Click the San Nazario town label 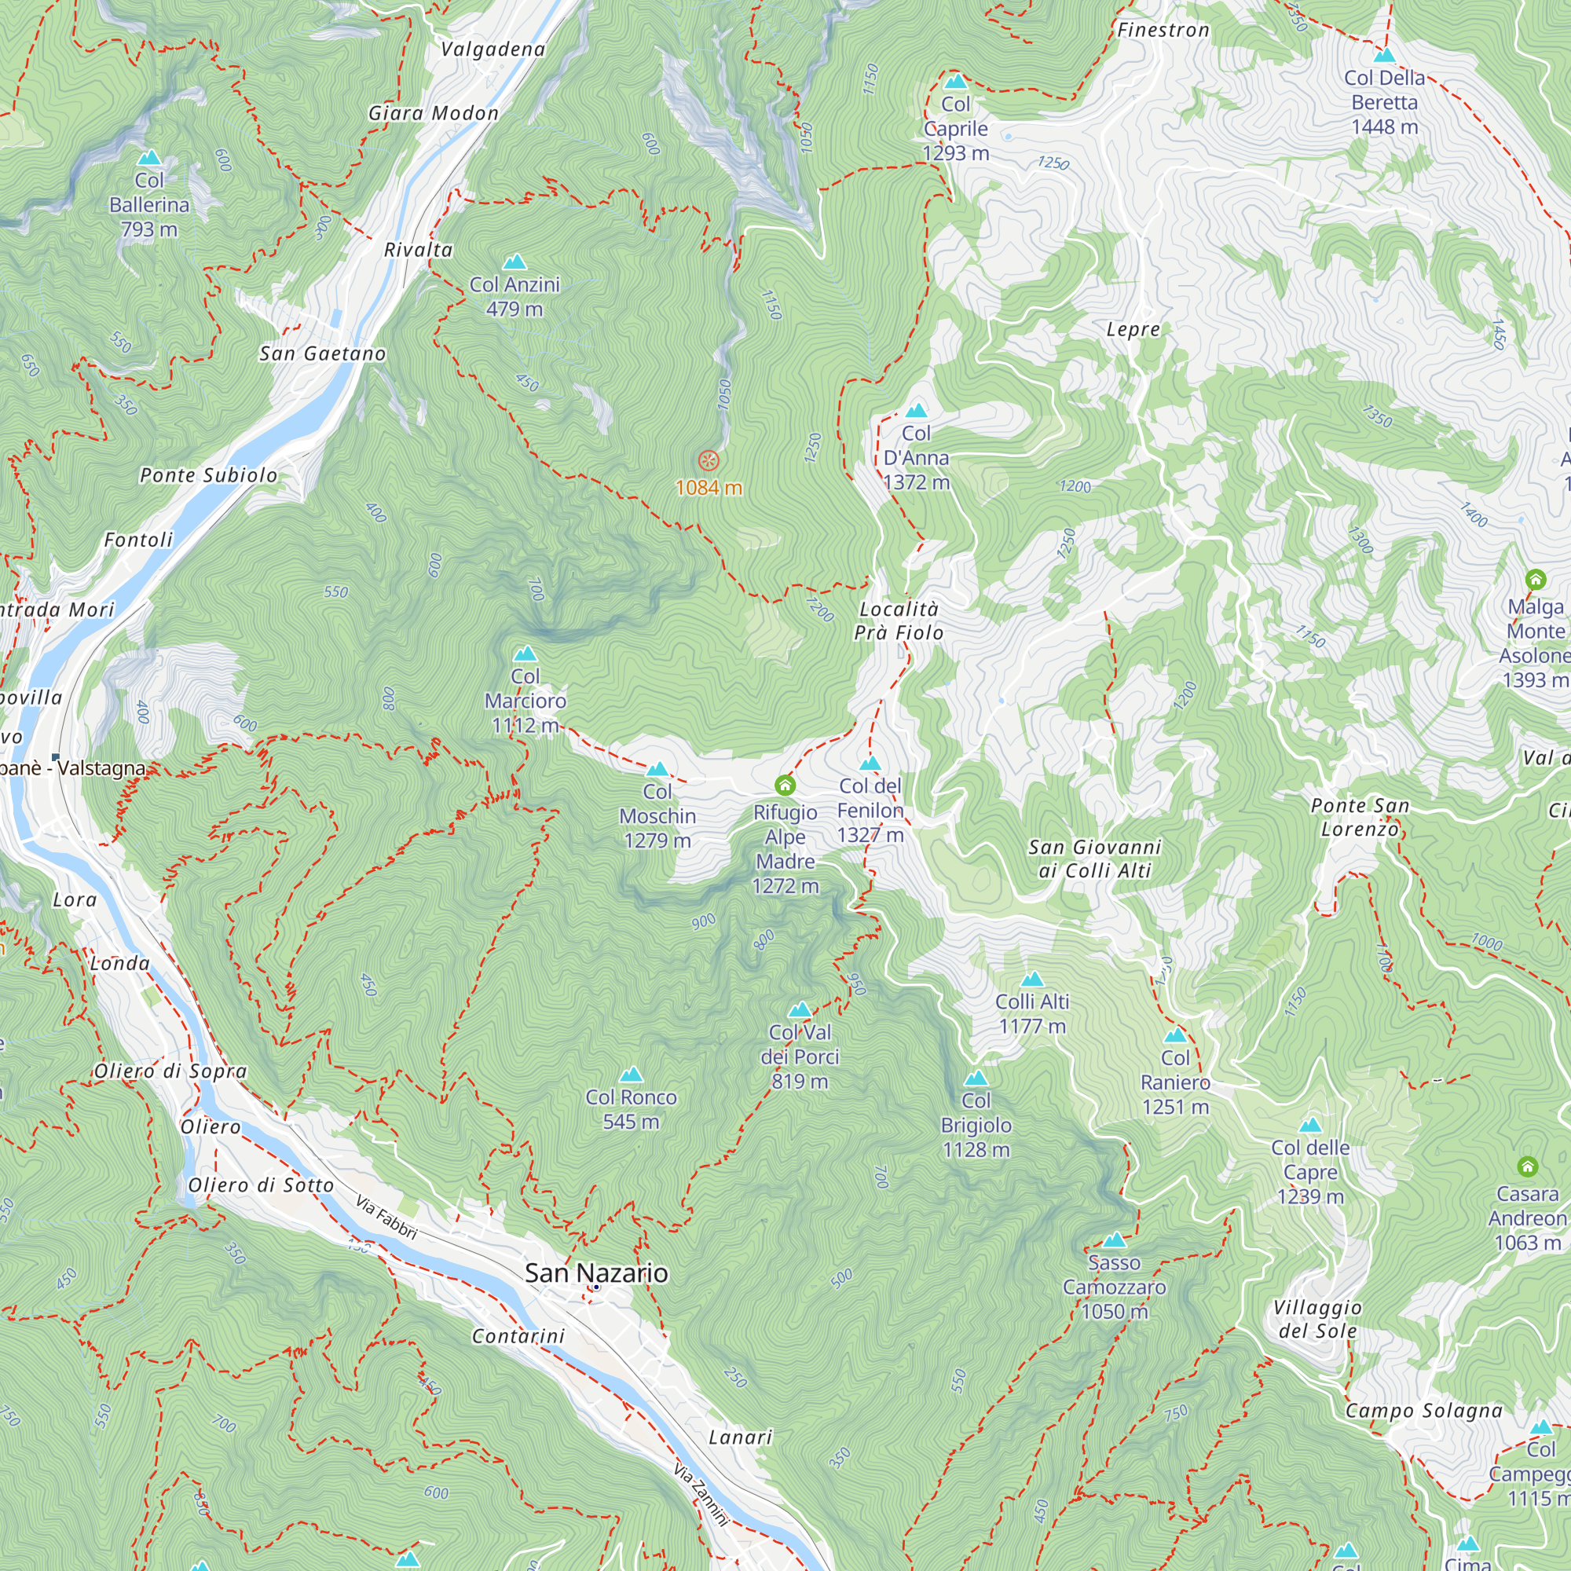coord(596,1273)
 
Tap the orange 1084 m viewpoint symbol coord(709,461)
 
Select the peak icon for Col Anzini coord(515,262)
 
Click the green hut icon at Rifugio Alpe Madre coord(785,785)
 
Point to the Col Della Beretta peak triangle coord(1385,55)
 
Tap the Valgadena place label coord(493,49)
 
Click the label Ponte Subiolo coord(209,476)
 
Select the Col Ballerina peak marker coord(149,158)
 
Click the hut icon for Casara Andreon coord(1528,1167)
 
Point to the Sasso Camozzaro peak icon coord(1114,1240)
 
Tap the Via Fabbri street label coord(387,1218)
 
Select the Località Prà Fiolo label coord(899,621)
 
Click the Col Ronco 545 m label coord(631,1109)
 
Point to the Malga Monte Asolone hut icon coord(1535,579)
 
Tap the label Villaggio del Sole coord(1317,1319)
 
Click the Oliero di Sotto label coord(261,1185)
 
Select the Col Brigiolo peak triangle coord(976,1078)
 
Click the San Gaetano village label coord(323,353)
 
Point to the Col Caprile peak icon coord(955,82)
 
